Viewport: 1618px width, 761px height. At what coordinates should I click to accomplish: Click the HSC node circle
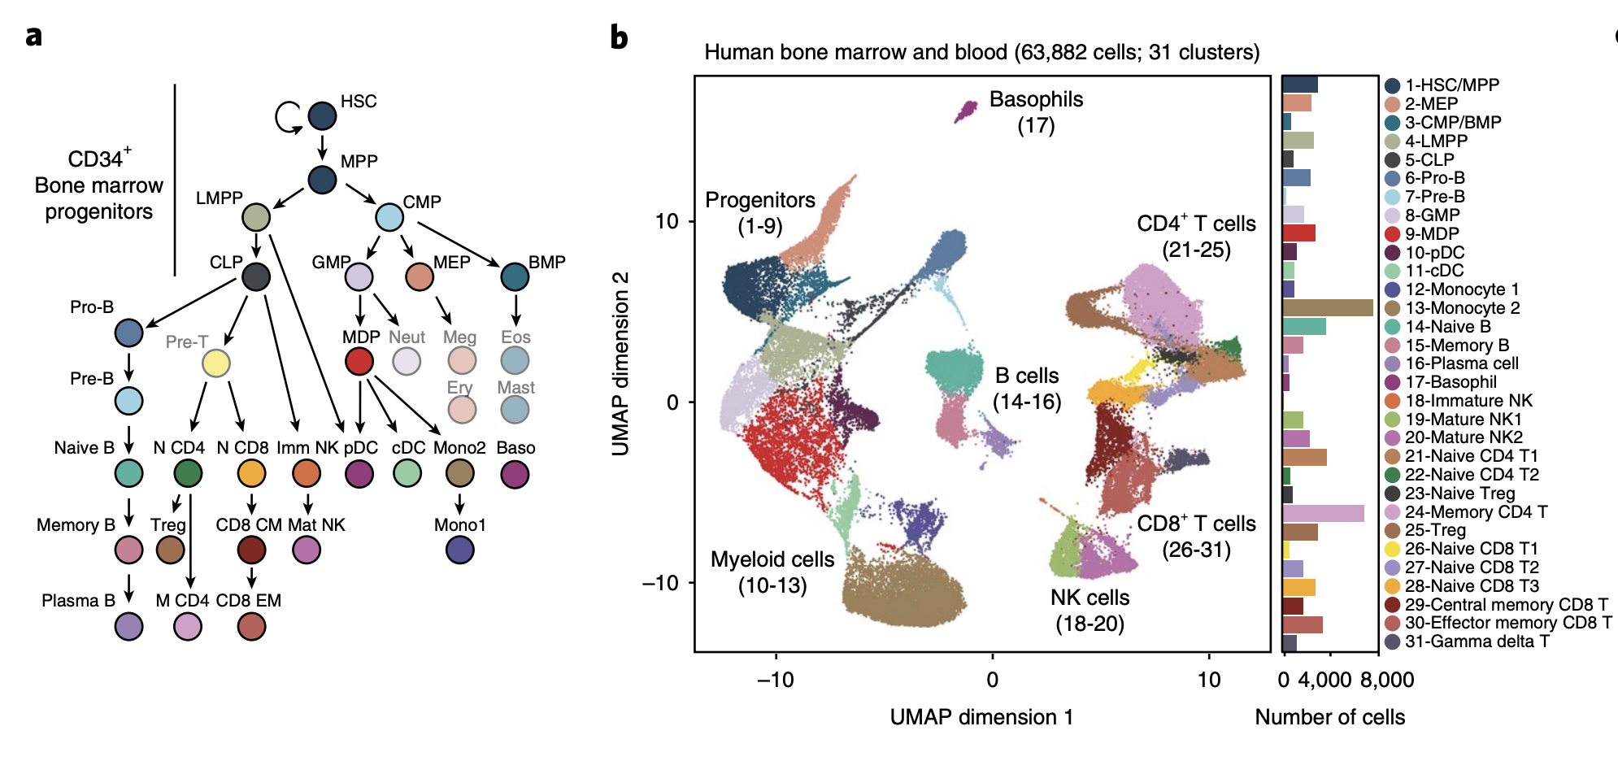(x=323, y=116)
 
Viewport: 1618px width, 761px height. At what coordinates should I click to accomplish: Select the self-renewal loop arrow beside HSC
(x=287, y=116)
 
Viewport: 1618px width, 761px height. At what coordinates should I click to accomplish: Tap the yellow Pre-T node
(x=215, y=363)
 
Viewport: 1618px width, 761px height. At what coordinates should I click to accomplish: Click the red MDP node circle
(x=359, y=361)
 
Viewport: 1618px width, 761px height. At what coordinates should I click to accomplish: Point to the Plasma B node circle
(x=129, y=626)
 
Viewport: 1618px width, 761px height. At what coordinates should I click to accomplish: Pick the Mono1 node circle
(x=460, y=550)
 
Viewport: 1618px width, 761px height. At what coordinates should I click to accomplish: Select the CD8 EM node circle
(x=251, y=626)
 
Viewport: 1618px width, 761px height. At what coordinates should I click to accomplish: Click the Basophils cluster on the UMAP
(x=966, y=111)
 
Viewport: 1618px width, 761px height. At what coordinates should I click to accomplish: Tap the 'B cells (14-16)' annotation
(x=1027, y=389)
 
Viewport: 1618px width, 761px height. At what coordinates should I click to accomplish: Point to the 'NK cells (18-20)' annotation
(x=1090, y=610)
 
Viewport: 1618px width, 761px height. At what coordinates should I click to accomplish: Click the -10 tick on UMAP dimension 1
(x=775, y=680)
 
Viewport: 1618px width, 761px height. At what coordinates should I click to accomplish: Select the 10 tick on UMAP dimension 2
(x=667, y=221)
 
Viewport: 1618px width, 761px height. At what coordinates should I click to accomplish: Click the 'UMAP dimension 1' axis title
(x=981, y=717)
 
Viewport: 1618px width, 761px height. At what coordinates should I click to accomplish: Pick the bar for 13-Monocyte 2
(x=1327, y=307)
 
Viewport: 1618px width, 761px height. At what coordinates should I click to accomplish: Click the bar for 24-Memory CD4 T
(x=1323, y=512)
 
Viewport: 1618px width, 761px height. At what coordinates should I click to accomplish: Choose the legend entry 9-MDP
(x=1431, y=233)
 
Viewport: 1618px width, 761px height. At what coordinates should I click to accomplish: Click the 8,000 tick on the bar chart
(x=1386, y=680)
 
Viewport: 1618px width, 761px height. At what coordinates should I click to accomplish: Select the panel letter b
(x=619, y=37)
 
